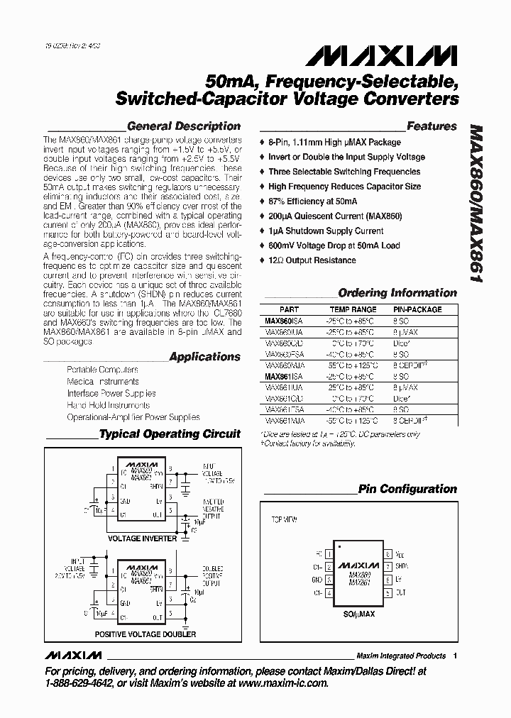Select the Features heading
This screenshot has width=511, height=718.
click(x=432, y=126)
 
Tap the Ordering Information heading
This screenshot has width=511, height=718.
click(x=397, y=292)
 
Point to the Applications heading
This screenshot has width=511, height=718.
click(x=204, y=357)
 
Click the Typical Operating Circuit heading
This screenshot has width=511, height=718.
click(x=170, y=433)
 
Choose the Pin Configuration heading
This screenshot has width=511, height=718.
click(x=407, y=489)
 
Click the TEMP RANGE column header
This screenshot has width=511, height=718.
click(x=353, y=309)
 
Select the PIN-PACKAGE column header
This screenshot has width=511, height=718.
click(x=417, y=309)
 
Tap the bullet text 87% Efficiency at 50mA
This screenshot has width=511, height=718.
click(x=312, y=201)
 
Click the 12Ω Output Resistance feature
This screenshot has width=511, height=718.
click(x=312, y=260)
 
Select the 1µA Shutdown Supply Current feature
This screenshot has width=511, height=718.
click(x=326, y=231)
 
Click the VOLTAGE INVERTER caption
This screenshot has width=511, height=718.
click(x=141, y=538)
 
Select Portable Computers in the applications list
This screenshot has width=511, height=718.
click(x=102, y=370)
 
